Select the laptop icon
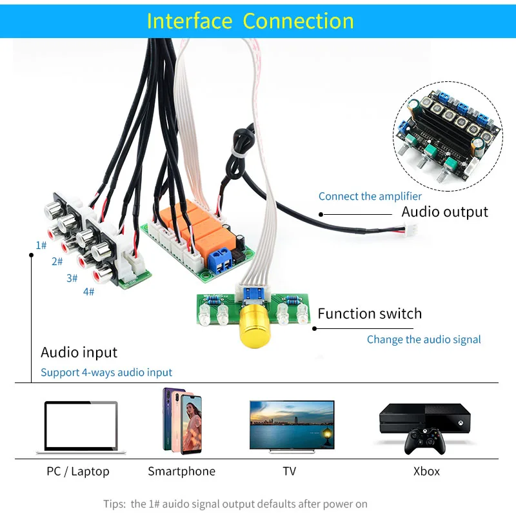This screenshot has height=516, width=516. click(81, 426)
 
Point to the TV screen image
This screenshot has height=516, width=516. click(292, 424)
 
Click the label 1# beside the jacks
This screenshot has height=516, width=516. click(41, 245)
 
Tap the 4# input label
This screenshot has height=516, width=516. click(88, 292)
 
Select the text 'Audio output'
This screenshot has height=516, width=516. click(445, 212)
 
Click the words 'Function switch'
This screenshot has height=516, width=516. click(370, 314)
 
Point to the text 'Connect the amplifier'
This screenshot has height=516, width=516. click(370, 196)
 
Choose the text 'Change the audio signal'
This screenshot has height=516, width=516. click(424, 339)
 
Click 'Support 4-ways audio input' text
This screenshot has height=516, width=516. click(106, 372)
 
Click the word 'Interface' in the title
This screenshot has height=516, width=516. click(189, 21)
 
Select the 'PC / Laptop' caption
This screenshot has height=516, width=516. click(78, 471)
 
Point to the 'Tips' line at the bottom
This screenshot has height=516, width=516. click(235, 503)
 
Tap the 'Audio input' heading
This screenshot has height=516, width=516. click(79, 352)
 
